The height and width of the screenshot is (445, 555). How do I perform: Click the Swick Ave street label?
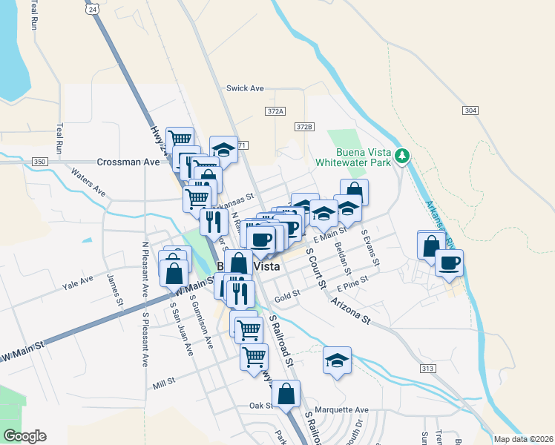(x=246, y=88)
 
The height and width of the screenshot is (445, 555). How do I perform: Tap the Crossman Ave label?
(x=128, y=162)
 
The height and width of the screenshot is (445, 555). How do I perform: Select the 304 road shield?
(x=469, y=111)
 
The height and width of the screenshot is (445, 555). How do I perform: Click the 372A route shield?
(x=275, y=111)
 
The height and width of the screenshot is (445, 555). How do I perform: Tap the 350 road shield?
(x=40, y=162)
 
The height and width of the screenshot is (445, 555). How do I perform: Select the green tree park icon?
(x=402, y=155)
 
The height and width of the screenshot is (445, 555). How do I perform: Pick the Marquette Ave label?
(x=341, y=409)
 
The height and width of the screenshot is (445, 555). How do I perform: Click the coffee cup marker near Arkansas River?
(x=449, y=263)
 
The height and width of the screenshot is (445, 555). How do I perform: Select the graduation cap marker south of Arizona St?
(x=337, y=361)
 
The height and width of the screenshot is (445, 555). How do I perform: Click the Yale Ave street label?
(x=78, y=281)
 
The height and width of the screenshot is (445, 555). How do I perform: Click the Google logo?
(x=24, y=436)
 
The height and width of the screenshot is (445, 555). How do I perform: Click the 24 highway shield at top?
(x=91, y=9)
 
